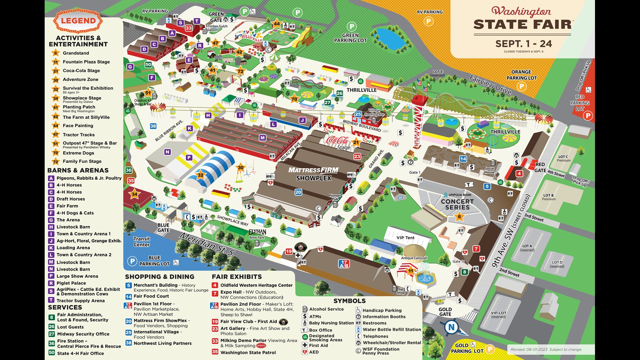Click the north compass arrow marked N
[x=451, y=327]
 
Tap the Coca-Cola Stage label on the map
[x=338, y=143]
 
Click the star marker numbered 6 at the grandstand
[x=459, y=217]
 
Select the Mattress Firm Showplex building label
[x=313, y=174]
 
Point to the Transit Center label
[x=142, y=242]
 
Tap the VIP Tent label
[x=405, y=238]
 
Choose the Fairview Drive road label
[x=490, y=85]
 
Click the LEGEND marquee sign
[x=78, y=21]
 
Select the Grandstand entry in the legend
[x=76, y=53]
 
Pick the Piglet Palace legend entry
[x=71, y=283]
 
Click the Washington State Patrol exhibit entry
[x=248, y=352]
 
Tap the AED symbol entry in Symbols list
[x=314, y=352]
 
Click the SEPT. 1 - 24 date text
[x=523, y=44]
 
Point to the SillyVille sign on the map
[x=249, y=36]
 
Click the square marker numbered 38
[x=153, y=126]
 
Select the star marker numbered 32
[x=200, y=175]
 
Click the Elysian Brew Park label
[x=257, y=233]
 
